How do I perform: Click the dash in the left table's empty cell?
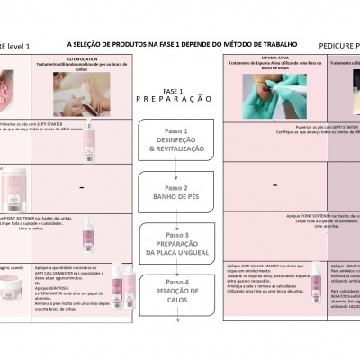82,187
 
